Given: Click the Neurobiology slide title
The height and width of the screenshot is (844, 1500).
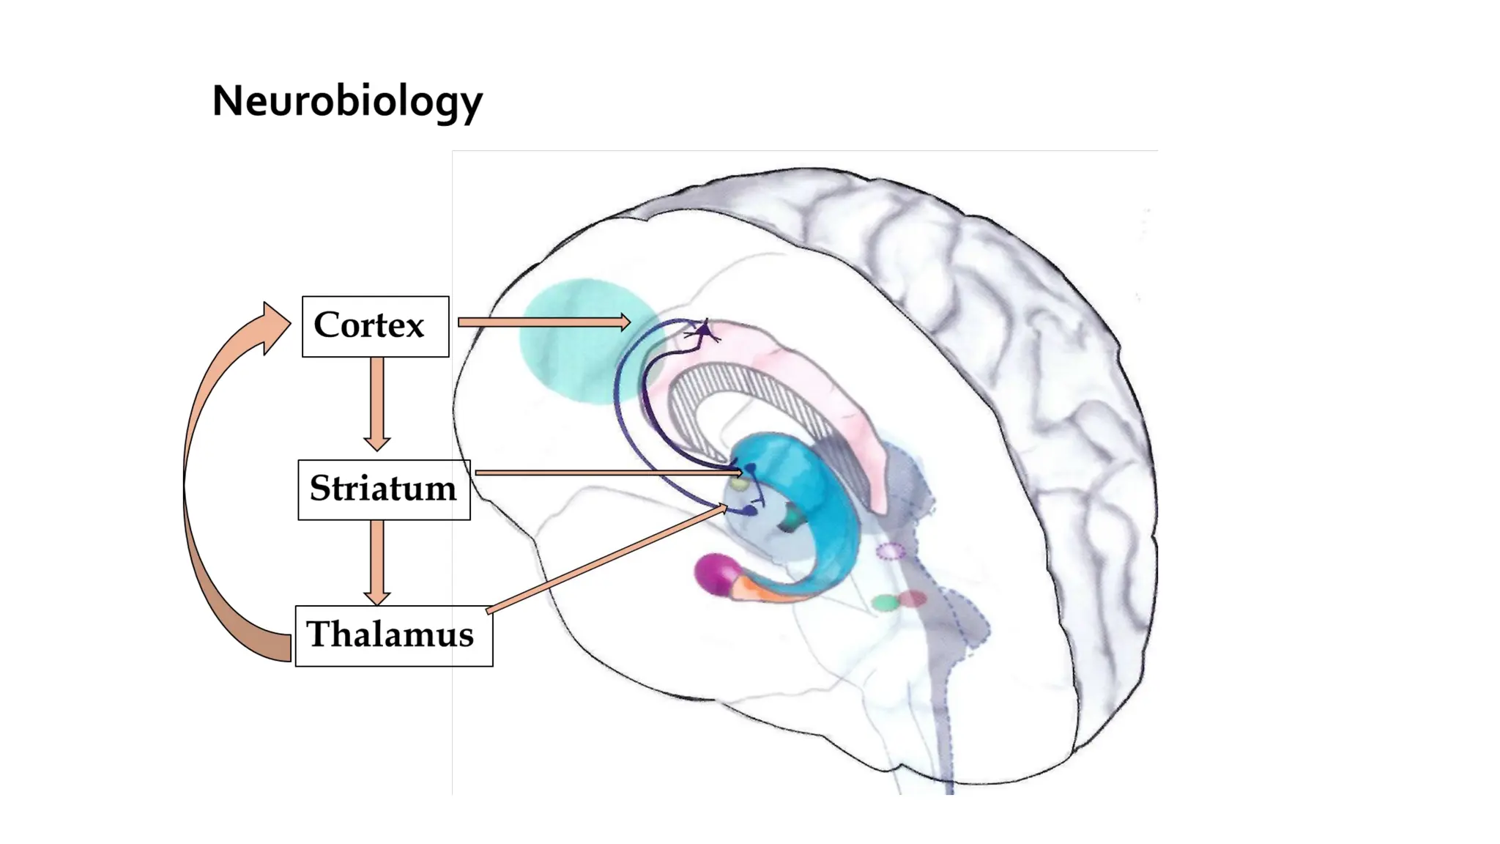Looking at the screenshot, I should click(x=347, y=101).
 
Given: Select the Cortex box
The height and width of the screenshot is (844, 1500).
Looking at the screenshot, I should click(x=375, y=326).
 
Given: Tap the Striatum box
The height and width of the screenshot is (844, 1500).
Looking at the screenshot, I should click(x=384, y=489).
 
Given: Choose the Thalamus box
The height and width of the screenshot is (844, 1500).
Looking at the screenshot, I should click(x=393, y=635).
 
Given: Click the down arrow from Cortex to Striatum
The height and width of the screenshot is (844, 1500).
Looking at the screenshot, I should click(x=377, y=403).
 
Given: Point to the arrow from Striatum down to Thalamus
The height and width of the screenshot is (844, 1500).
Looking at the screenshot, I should click(x=377, y=561).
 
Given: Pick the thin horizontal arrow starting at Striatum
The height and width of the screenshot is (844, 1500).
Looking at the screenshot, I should click(x=608, y=473).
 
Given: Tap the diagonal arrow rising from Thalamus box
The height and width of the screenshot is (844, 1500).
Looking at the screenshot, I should click(x=608, y=558).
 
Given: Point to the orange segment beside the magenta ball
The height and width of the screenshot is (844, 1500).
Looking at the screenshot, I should click(x=758, y=591).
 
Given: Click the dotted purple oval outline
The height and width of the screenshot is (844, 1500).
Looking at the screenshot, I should click(x=891, y=551).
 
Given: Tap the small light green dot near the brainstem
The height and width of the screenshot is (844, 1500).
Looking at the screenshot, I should click(x=885, y=603).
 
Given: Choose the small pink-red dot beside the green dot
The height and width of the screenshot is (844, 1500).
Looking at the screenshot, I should click(x=913, y=599).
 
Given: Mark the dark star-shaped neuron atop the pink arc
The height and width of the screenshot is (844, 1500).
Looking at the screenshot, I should click(x=704, y=333).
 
